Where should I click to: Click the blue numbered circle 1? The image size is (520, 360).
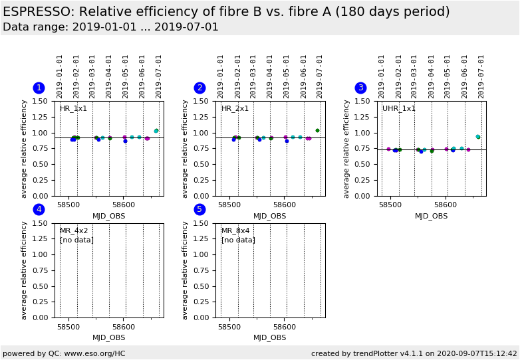tap(39, 88)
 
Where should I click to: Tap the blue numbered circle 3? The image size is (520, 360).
tap(360, 88)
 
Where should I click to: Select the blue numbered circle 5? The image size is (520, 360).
tap(199, 209)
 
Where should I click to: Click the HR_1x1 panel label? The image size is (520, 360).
tap(73, 109)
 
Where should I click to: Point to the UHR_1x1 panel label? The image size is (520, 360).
tap(399, 109)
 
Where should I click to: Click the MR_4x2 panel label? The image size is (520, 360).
tap(73, 231)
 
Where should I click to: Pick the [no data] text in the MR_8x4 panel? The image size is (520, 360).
tap(238, 240)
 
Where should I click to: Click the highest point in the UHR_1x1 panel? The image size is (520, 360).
tap(477, 137)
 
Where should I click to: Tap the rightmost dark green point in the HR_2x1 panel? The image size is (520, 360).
tap(317, 131)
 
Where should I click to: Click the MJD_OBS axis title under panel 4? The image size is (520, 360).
tap(108, 337)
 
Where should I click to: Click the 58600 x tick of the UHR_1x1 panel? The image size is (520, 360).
tap(445, 205)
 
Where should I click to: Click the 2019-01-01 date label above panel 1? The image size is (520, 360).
tap(60, 76)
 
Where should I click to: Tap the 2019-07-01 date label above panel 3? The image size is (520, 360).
tap(481, 76)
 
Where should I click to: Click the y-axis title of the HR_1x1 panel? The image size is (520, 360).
tap(25, 149)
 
